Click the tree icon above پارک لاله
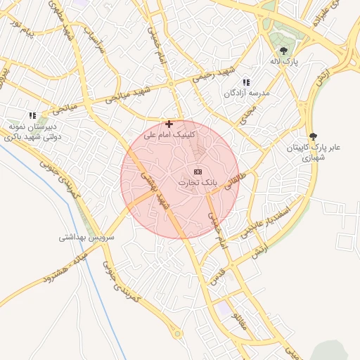pos(283,51)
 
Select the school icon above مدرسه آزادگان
pos(246,82)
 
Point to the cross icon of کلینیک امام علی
pos(169,123)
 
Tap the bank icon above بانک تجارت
pos(198,172)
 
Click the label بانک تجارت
pos(198,182)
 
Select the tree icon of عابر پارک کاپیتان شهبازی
pos(313,136)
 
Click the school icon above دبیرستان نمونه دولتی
pos(32,115)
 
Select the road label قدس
pos(219,269)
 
